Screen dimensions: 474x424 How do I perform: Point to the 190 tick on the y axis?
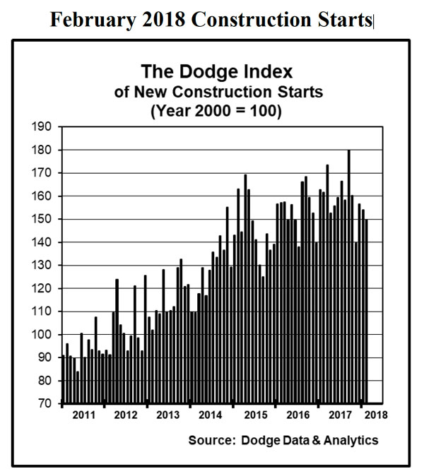click(x=43, y=127)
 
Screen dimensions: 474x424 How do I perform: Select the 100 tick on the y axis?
click(x=43, y=335)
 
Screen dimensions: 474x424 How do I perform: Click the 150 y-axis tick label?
click(x=43, y=220)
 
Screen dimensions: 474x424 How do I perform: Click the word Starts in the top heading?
click(x=345, y=20)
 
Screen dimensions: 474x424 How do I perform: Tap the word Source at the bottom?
click(x=211, y=441)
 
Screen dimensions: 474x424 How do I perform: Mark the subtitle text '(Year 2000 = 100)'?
click(x=213, y=111)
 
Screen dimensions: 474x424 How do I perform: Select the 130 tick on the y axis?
click(x=43, y=266)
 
